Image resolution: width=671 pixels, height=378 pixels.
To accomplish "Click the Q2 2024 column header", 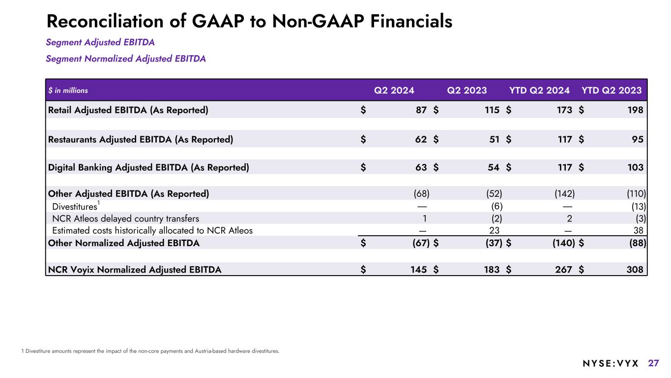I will coord(394,90).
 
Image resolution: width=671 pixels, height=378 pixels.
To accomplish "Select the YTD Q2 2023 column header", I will coord(612,90).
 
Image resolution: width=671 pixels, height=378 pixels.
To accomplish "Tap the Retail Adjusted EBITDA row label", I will coord(128,110).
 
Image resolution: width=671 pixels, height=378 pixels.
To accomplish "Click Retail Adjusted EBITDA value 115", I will coord(492,110).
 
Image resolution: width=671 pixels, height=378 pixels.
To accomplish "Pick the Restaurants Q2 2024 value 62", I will coord(421,139).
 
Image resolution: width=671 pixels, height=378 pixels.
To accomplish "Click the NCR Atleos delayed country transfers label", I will coord(125,218).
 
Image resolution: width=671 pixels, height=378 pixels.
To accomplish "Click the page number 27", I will coord(653,363).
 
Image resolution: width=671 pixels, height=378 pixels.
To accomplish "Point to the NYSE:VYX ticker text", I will coord(611,364).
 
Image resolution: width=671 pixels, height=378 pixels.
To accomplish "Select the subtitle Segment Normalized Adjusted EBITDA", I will coord(126,59).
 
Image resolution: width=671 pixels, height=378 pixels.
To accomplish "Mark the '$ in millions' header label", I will coord(68,91).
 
